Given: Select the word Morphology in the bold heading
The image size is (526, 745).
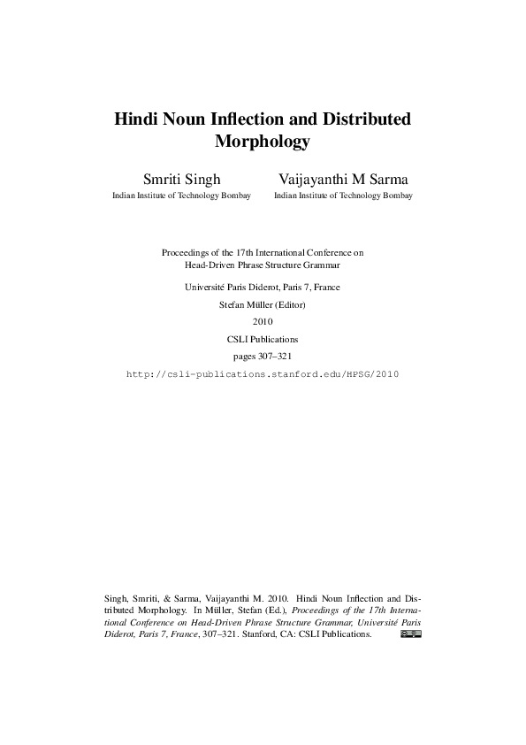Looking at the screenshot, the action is (263, 141).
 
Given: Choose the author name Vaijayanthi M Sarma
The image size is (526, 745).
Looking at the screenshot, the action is (343, 180).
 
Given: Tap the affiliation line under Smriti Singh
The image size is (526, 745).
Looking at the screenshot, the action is (181, 196).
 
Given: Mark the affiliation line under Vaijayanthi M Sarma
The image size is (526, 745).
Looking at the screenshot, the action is (343, 196).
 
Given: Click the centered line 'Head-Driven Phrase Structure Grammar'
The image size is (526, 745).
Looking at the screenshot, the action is (263, 265).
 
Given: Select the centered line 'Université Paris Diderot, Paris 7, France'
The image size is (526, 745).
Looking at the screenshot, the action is (263, 287).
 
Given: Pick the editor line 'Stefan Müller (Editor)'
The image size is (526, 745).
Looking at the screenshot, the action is (263, 304).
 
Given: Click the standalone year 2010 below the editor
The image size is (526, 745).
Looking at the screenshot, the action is (263, 321).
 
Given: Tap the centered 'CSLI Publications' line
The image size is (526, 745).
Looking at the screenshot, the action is (263, 339).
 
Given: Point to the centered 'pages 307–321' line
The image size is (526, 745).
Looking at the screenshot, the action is (263, 356).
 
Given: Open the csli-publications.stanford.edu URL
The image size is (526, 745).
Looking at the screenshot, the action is (263, 374).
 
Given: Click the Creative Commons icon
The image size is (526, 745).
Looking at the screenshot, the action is (410, 634).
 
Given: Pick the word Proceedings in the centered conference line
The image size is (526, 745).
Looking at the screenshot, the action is (186, 252).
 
